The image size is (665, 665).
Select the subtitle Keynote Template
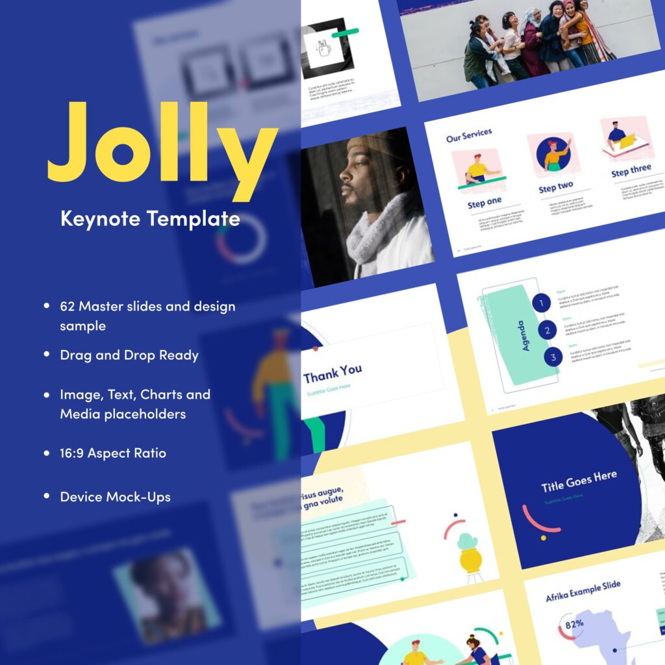coord(150,218)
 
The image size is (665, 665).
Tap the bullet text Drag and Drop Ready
coord(129,355)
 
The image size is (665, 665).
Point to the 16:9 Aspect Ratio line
coord(113,453)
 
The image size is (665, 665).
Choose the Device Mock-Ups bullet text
coord(115,497)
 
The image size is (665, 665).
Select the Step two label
coord(555,187)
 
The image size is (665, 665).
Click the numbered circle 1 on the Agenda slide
coord(542,303)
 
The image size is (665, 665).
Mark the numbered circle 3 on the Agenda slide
coord(553,357)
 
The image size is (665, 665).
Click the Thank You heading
coord(332,372)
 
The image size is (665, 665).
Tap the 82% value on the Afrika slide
coord(574,625)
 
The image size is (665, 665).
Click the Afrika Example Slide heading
coord(583,596)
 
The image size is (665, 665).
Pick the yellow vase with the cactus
coord(468,555)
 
